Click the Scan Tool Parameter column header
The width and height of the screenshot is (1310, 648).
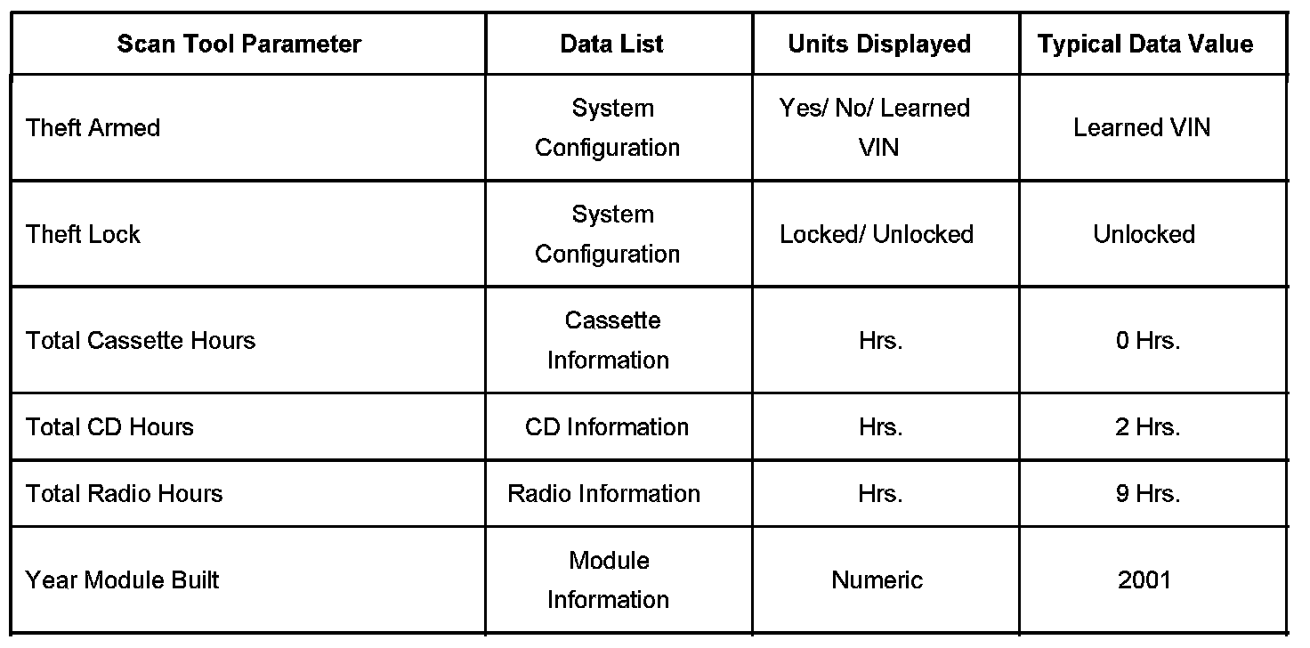pyautogui.click(x=239, y=45)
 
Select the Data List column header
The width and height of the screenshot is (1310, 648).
pyautogui.click(x=611, y=45)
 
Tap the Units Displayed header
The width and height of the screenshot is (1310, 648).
pyautogui.click(x=879, y=45)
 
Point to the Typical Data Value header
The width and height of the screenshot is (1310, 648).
pyautogui.click(x=1145, y=45)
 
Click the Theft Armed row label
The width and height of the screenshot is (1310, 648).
pyautogui.click(x=93, y=128)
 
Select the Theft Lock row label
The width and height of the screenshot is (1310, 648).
pyautogui.click(x=84, y=234)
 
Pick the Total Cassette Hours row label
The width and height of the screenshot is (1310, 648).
pyautogui.click(x=141, y=341)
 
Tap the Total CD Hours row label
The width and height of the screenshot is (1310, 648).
pyautogui.click(x=109, y=427)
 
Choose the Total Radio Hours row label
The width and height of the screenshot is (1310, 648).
pyautogui.click(x=125, y=494)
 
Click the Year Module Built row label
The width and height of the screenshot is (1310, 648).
pyautogui.click(x=123, y=580)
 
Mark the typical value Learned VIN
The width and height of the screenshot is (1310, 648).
pyautogui.click(x=1142, y=128)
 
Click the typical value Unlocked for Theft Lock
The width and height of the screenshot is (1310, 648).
pyautogui.click(x=1144, y=234)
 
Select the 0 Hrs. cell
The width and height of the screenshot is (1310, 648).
pyautogui.click(x=1148, y=341)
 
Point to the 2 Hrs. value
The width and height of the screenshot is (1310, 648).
pyautogui.click(x=1148, y=427)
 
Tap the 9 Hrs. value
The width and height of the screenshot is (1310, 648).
pyautogui.click(x=1148, y=494)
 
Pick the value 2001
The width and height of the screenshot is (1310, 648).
pyautogui.click(x=1144, y=580)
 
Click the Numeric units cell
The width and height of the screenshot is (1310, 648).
pyautogui.click(x=877, y=580)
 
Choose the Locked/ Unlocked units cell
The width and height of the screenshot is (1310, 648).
pyautogui.click(x=877, y=234)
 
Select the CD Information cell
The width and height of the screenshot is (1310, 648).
pyautogui.click(x=607, y=427)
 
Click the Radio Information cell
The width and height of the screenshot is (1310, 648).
pyautogui.click(x=603, y=494)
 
